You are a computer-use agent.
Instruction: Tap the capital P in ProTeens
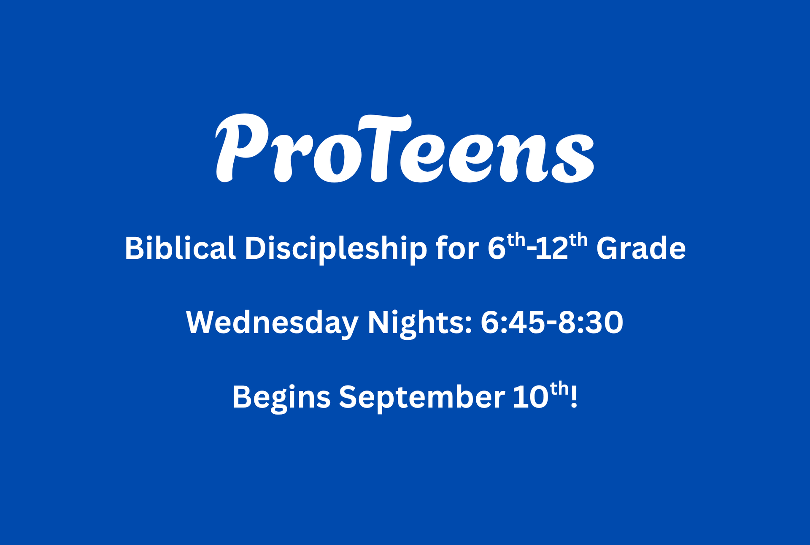pos(242,148)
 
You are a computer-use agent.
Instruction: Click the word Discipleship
pos(336,249)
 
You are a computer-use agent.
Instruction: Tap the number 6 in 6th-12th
pos(497,248)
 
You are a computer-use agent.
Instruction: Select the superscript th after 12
pos(578,240)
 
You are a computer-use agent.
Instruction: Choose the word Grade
pos(641,248)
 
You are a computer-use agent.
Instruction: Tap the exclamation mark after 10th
pos(573,397)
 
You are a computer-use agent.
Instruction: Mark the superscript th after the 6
pos(516,240)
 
